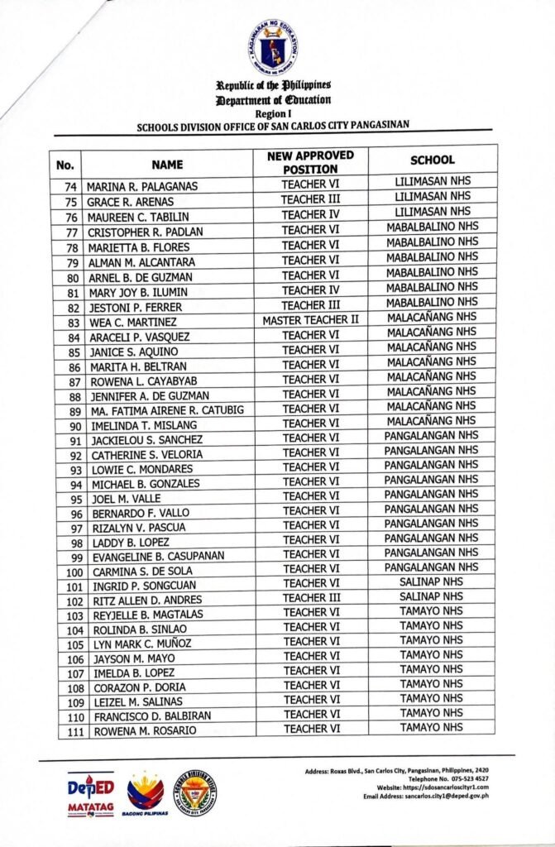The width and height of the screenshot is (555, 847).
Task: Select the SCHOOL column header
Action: [433, 160]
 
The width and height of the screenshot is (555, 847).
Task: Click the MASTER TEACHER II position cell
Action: [311, 319]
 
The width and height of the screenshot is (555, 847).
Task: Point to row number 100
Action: [72, 572]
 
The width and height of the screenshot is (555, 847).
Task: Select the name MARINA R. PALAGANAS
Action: [142, 186]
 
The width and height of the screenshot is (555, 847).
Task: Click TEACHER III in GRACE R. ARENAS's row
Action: [310, 199]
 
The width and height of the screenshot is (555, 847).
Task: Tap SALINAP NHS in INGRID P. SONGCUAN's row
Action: [431, 582]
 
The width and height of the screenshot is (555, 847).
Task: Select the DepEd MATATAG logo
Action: [91, 796]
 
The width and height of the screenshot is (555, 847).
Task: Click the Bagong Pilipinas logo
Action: [146, 796]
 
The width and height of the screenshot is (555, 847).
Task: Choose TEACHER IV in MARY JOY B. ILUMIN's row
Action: [310, 290]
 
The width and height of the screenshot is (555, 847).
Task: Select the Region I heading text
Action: [272, 113]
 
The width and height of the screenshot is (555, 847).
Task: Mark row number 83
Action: [73, 322]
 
